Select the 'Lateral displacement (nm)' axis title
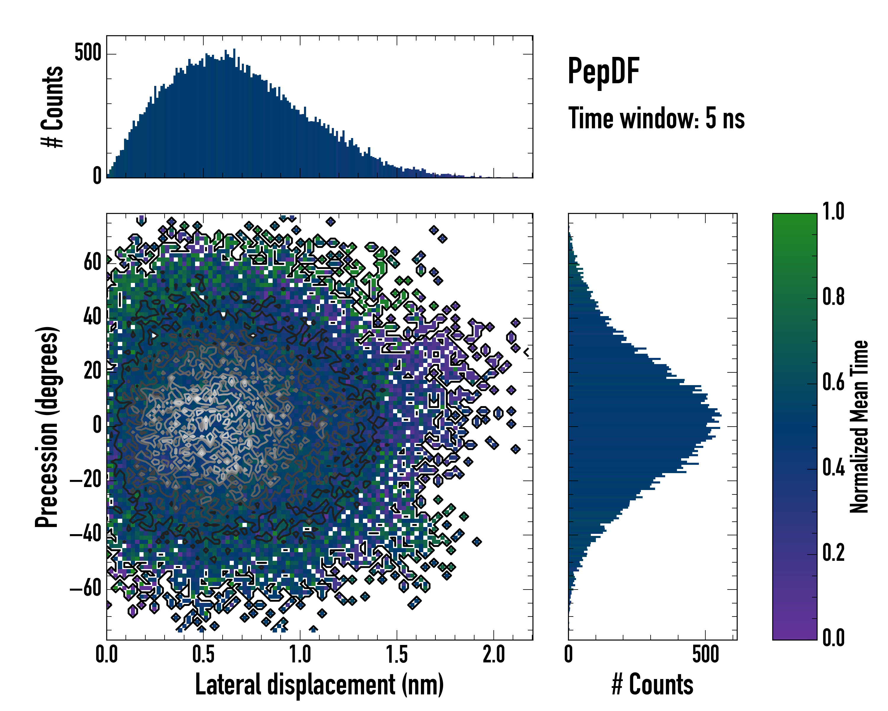point(319,685)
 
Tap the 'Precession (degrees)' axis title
point(46,427)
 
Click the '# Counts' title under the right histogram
point(652,685)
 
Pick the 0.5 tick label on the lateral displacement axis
point(203,654)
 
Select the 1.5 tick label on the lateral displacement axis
point(397,654)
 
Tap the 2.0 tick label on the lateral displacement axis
point(494,654)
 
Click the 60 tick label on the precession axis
point(92,262)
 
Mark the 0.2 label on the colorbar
point(833,553)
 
